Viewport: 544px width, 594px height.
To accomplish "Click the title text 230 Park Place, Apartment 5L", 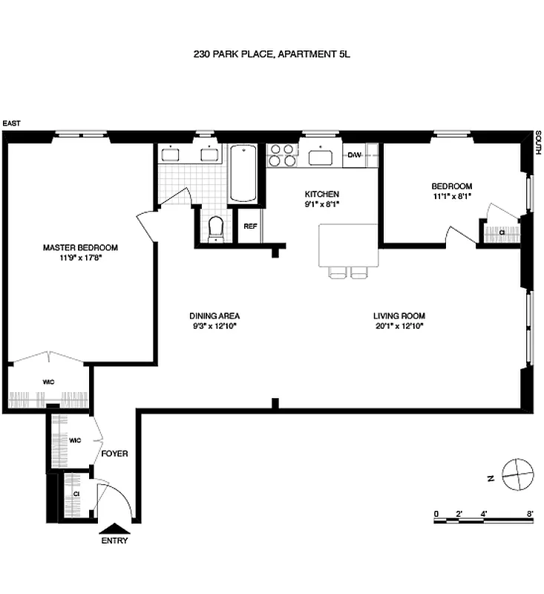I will [271, 54].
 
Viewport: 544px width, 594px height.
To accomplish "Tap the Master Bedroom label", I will [79, 248].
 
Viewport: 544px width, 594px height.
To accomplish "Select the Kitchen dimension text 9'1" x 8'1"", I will [322, 204].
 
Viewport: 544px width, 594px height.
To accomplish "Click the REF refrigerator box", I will [250, 226].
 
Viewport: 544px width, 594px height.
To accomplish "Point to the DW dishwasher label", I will [354, 155].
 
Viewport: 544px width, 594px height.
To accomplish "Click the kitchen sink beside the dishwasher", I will [322, 156].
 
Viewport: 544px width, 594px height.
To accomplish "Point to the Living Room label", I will [399, 315].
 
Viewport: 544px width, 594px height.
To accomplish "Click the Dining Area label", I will [214, 315].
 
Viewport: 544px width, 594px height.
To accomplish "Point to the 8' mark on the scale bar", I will [530, 514].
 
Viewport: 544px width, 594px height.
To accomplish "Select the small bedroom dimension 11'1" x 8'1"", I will [452, 197].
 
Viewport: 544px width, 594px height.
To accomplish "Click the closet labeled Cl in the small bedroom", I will [502, 232].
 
